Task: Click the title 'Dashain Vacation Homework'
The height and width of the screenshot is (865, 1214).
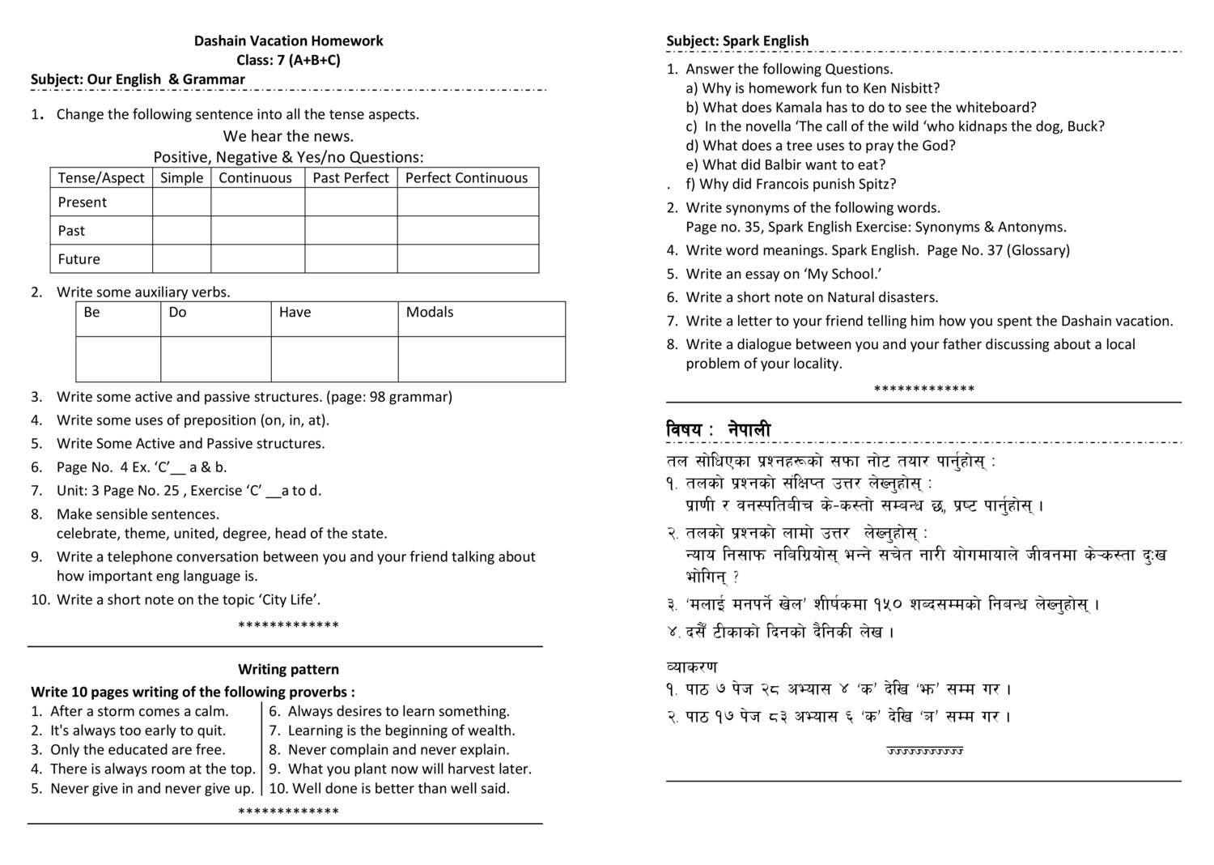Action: point(288,40)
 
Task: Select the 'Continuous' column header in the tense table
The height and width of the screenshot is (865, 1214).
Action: point(255,178)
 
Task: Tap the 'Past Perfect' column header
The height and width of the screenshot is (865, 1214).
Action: point(350,178)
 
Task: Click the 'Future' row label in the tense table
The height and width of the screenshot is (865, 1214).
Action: point(79,259)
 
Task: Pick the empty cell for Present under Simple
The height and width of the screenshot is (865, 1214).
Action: point(181,202)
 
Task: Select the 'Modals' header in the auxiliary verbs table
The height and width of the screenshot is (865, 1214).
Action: point(430,313)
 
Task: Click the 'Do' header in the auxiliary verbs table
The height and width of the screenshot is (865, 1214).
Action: point(178,313)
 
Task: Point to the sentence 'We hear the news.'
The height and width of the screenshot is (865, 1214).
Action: point(288,136)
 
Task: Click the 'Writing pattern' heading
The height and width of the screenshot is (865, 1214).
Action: point(288,670)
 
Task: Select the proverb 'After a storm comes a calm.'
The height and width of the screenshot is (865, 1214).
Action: point(139,711)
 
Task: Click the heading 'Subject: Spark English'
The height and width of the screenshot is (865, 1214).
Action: point(737,40)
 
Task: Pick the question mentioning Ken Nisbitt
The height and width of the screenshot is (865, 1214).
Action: point(813,88)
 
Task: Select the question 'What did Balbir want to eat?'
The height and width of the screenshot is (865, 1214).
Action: point(790,164)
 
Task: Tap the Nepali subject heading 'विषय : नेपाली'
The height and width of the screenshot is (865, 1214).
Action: point(719,430)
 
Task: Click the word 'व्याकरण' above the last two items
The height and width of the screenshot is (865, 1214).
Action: point(692,667)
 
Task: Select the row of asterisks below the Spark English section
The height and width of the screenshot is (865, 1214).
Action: point(923,390)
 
